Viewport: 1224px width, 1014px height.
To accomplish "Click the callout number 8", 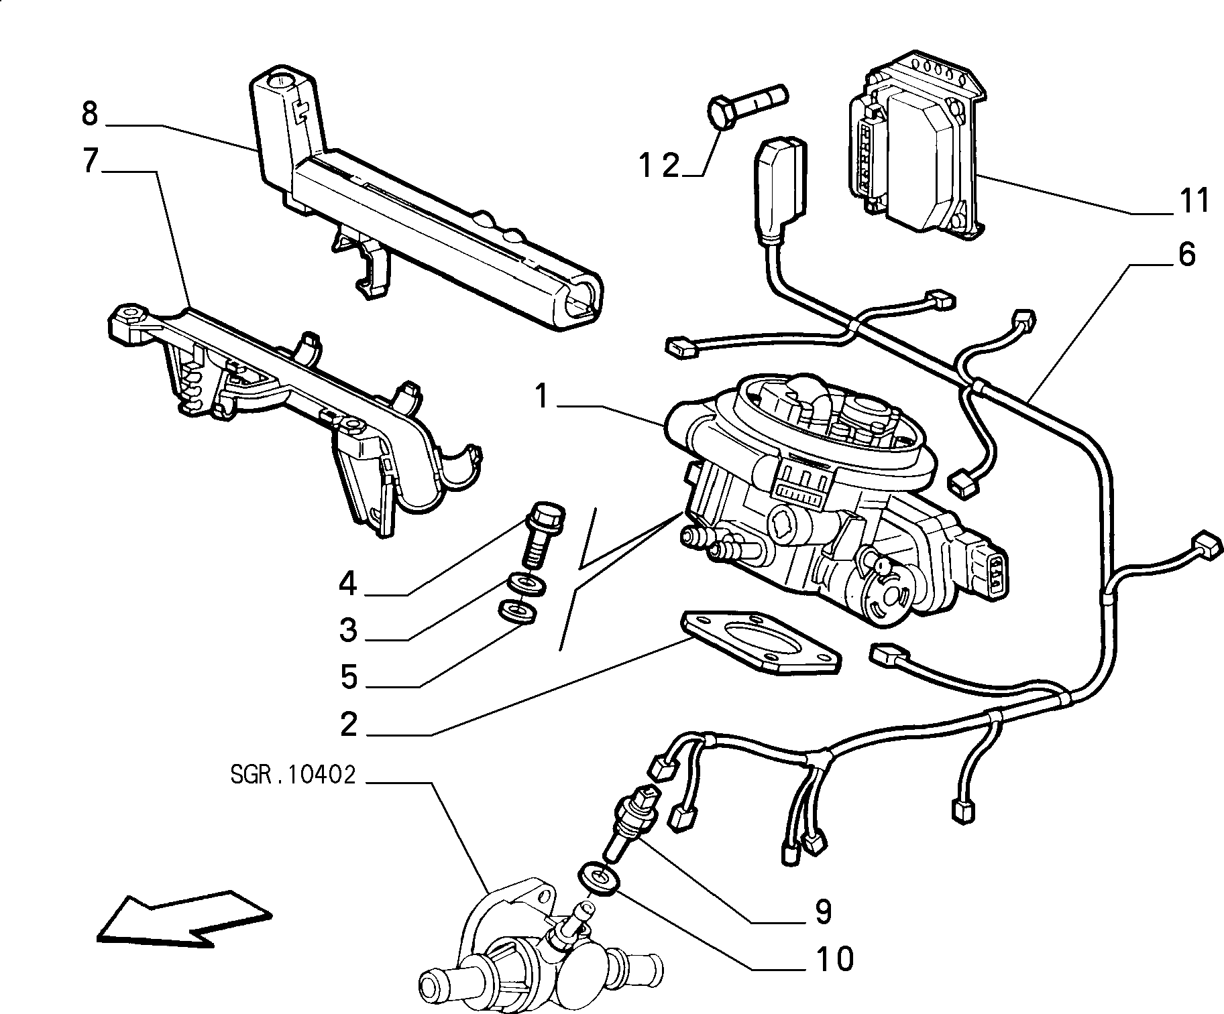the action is [x=89, y=115].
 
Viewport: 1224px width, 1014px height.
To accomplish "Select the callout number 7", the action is [x=91, y=162].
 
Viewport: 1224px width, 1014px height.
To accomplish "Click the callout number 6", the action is [x=1186, y=255].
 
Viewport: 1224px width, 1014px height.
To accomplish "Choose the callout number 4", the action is [x=347, y=584].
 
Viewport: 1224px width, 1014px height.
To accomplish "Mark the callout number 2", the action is [x=349, y=724].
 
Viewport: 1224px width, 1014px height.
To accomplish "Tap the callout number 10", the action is [x=835, y=959].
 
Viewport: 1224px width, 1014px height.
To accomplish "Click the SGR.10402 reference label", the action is [x=292, y=775].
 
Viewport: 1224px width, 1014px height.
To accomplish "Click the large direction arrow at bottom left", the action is [x=184, y=917].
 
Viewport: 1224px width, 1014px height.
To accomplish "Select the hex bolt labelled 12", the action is [x=746, y=105].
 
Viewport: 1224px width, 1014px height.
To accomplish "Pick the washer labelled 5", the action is [x=518, y=611].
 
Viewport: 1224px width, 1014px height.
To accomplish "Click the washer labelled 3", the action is [x=526, y=583].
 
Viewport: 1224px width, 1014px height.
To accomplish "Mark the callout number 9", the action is [x=824, y=911].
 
